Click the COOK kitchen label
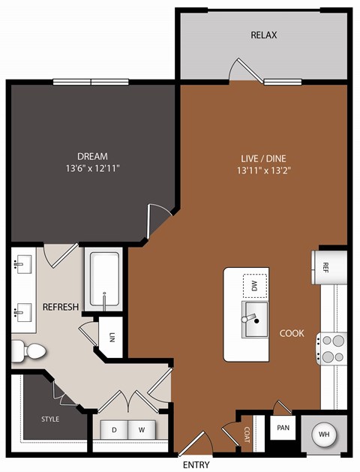[292, 333]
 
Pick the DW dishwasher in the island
[254, 285]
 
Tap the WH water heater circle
[325, 434]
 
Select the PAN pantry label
[283, 427]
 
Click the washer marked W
[139, 430]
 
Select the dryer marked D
[115, 430]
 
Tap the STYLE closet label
[49, 419]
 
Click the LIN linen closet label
[112, 337]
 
